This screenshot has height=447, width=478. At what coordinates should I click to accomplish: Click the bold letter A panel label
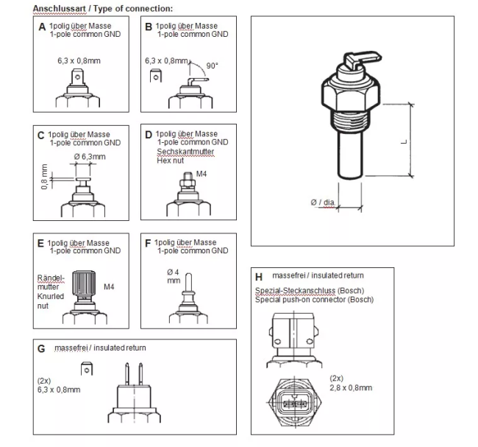(x=42, y=27)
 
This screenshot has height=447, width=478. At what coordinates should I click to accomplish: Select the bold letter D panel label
(x=149, y=135)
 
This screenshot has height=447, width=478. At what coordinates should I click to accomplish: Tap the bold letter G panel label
(x=42, y=348)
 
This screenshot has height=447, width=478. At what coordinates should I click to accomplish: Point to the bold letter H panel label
(x=259, y=277)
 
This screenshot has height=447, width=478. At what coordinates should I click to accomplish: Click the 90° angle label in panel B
(x=213, y=66)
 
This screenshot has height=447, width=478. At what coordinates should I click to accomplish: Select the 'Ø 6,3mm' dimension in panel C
(x=90, y=157)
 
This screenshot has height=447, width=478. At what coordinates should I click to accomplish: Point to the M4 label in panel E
(x=110, y=286)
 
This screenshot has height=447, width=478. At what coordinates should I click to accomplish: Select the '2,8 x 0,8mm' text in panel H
(x=351, y=387)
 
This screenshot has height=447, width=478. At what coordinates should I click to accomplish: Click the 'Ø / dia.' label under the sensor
(x=323, y=201)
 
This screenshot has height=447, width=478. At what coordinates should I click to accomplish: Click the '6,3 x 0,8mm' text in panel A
(x=76, y=60)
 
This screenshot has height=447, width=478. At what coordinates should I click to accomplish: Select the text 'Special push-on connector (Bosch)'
(x=314, y=300)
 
